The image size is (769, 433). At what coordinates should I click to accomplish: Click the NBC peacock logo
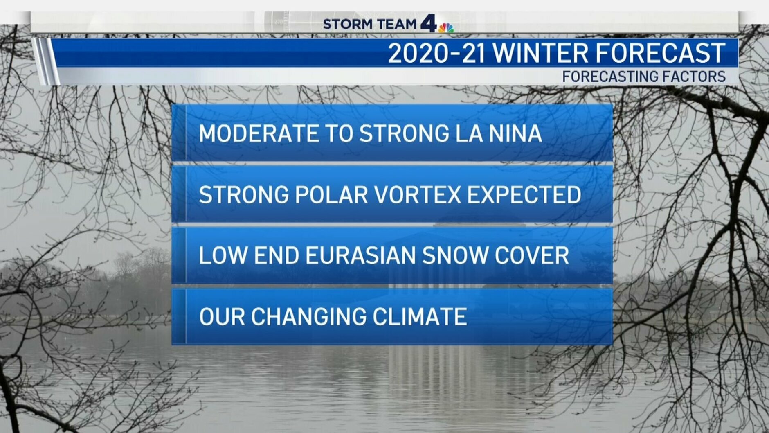click(446, 27)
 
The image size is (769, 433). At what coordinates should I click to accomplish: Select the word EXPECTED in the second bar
click(524, 194)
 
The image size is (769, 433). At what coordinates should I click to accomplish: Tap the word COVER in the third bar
click(532, 255)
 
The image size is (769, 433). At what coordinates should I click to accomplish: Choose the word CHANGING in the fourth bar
click(308, 317)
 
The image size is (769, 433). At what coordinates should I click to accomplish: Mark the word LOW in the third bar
click(223, 255)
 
